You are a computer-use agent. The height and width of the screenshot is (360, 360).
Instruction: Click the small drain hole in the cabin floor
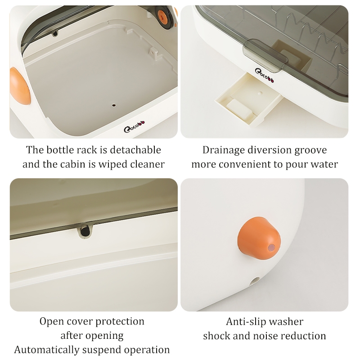(114, 105)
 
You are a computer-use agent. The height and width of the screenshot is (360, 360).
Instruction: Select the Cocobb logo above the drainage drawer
(264, 75)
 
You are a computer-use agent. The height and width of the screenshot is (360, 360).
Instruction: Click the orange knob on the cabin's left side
(20, 86)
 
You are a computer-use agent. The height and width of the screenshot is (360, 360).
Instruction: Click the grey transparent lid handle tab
(265, 54)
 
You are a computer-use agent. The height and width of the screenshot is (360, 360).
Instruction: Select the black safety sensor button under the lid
(85, 231)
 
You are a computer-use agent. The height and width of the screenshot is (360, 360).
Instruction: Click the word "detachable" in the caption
(135, 150)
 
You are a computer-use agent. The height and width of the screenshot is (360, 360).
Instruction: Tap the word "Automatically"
(46, 350)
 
